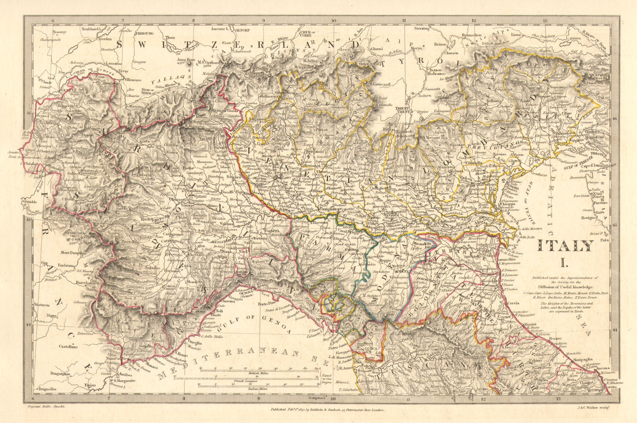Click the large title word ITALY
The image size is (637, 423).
[565, 246]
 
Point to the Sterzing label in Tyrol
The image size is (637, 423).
[422, 28]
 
